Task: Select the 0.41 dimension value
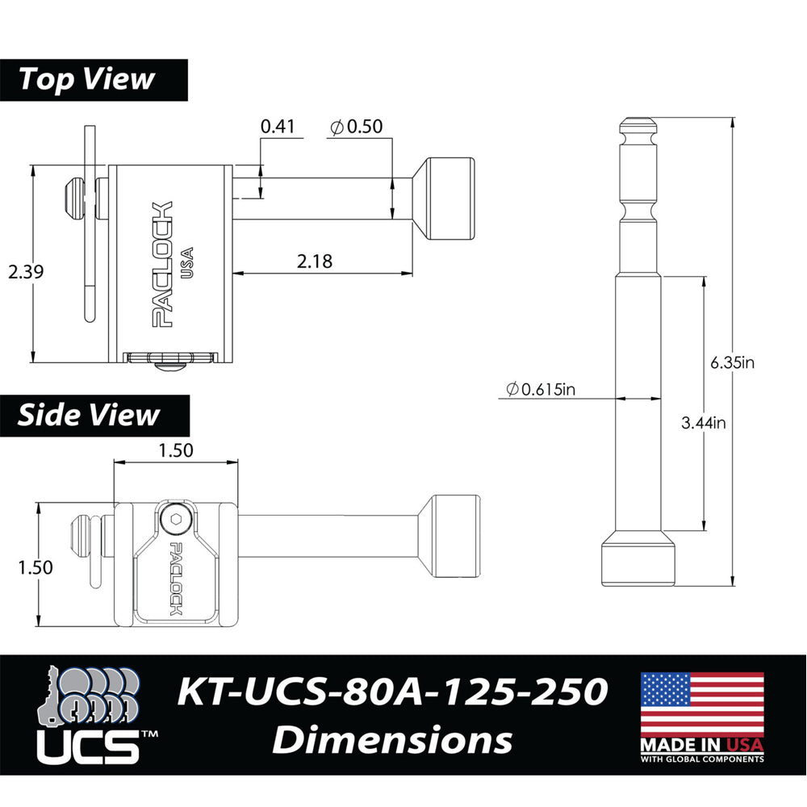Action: (278, 126)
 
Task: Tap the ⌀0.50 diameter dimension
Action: (356, 126)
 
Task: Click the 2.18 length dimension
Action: (315, 261)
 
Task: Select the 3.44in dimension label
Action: (703, 422)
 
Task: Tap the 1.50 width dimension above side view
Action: (176, 450)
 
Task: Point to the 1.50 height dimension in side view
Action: (36, 567)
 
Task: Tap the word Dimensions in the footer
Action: (391, 740)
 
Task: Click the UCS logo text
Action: (89, 746)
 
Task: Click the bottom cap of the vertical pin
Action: (638, 562)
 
